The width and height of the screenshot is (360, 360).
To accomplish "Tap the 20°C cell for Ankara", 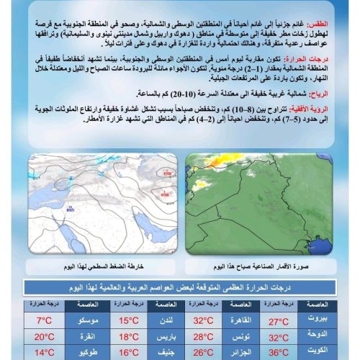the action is [45, 336].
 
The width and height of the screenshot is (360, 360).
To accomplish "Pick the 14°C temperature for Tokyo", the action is [45, 353].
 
